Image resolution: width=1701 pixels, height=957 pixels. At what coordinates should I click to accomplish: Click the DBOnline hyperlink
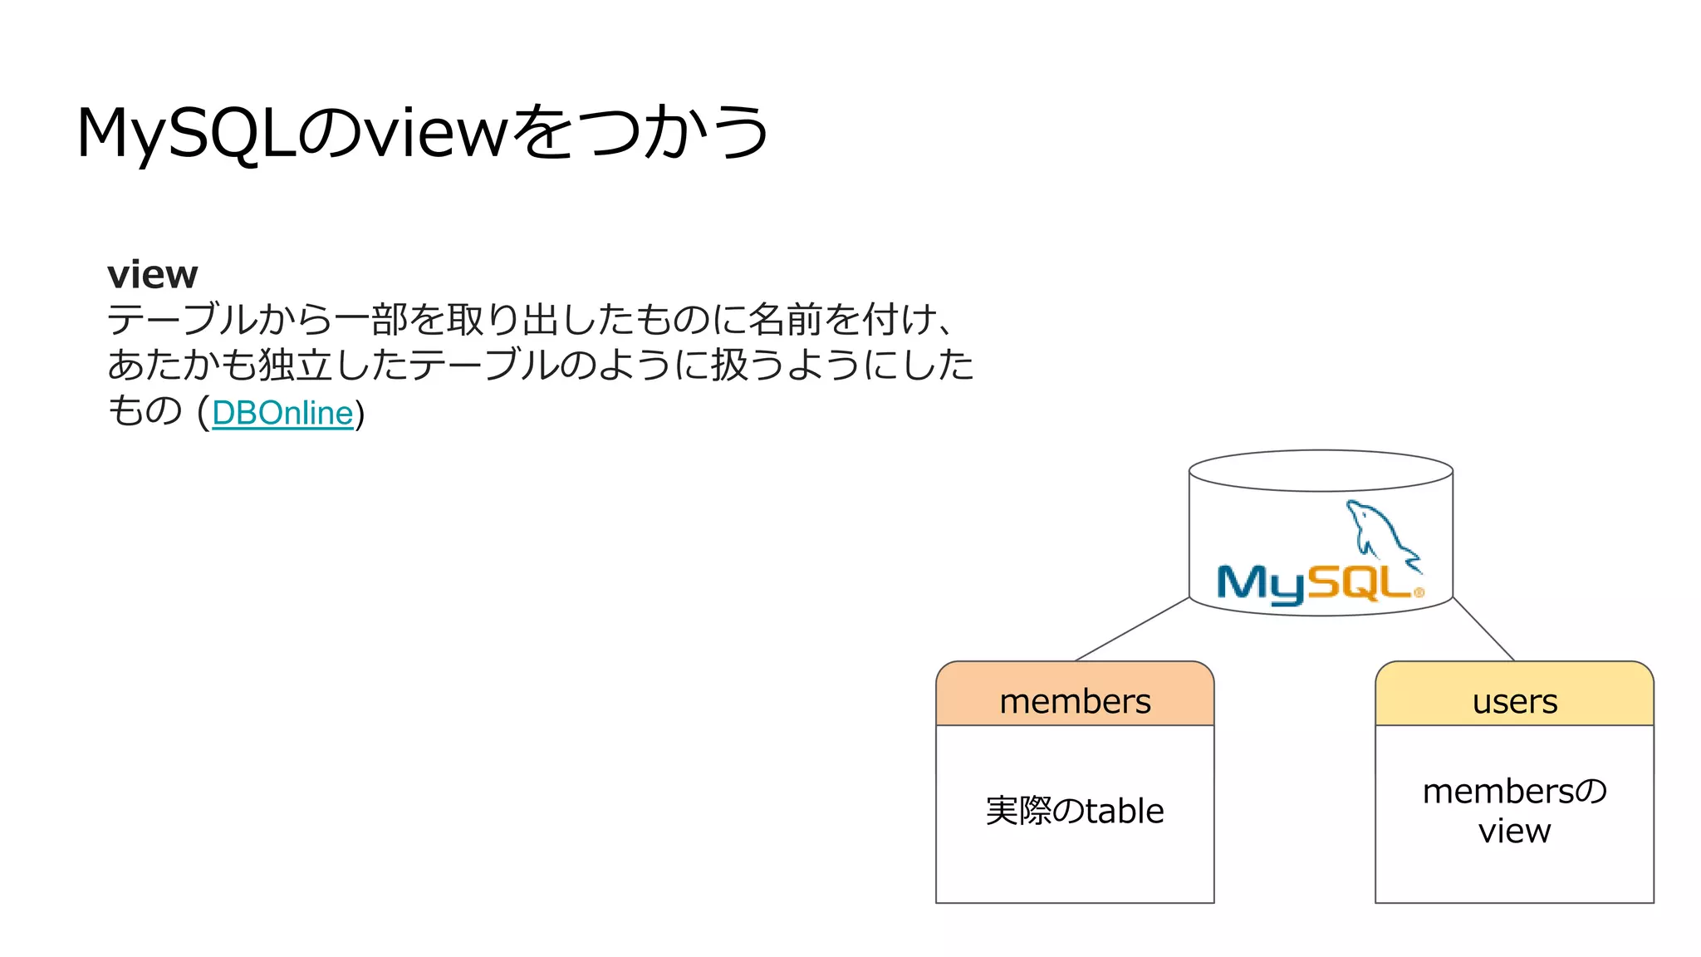(x=282, y=413)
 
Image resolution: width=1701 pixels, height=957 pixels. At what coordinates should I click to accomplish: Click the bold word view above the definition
(x=153, y=275)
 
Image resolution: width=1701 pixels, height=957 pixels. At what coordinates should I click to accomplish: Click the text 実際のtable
(x=1075, y=811)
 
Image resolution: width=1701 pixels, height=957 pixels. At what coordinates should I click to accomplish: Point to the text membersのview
(x=1514, y=811)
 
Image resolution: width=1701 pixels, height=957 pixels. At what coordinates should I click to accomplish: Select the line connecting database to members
(x=1132, y=629)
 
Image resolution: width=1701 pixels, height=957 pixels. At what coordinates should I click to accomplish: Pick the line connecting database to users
(x=1483, y=629)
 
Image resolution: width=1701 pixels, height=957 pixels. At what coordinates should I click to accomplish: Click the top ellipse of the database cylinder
(x=1321, y=471)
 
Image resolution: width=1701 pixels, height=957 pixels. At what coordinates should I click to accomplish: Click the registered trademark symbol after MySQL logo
(x=1419, y=592)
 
